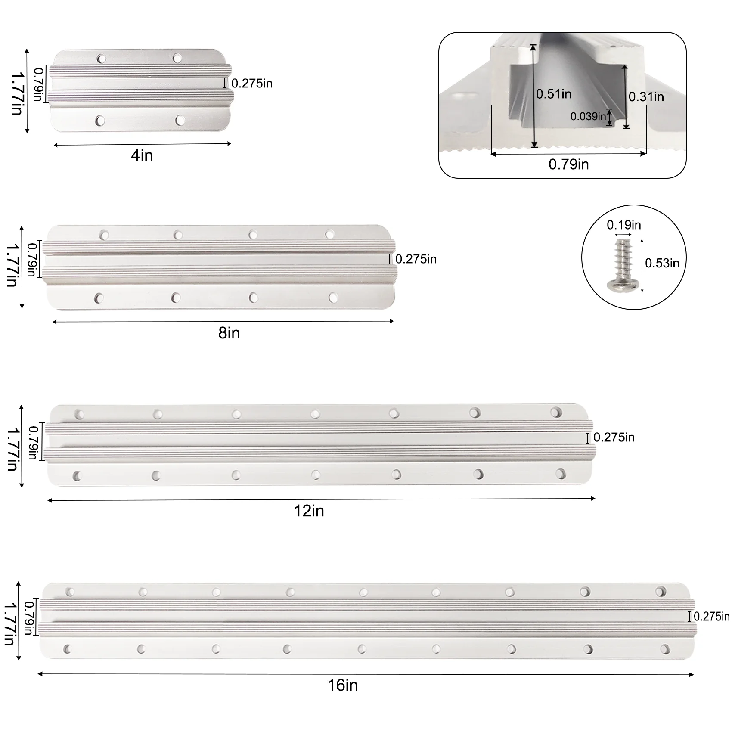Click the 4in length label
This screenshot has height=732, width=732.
click(142, 155)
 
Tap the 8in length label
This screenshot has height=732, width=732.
click(229, 333)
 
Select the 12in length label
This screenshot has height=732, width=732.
click(309, 511)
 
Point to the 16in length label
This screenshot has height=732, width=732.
click(343, 685)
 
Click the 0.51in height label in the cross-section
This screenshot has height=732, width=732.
click(554, 94)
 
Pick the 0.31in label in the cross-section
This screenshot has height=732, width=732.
click(646, 97)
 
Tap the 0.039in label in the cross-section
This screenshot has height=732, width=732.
click(588, 116)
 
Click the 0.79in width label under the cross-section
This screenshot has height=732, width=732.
click(569, 164)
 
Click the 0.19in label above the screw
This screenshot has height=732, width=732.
click(624, 225)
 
